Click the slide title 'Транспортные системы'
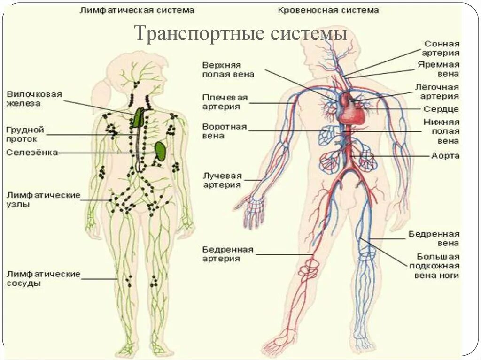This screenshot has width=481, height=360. pyautogui.click(x=240, y=34)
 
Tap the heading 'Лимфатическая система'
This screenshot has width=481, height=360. pyautogui.click(x=137, y=9)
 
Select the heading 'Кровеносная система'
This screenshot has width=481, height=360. pyautogui.click(x=328, y=9)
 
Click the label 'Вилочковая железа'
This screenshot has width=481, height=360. pyautogui.click(x=34, y=99)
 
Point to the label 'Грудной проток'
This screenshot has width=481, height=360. pyautogui.click(x=25, y=134)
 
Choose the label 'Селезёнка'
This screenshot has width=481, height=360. pyautogui.click(x=32, y=153)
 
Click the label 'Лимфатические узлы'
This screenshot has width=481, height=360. pyautogui.click(x=43, y=200)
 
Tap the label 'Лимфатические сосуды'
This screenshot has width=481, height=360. pyautogui.click(x=43, y=279)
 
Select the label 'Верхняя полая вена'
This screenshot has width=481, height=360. pyautogui.click(x=228, y=69)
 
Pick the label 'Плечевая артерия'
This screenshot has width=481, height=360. pyautogui.click(x=225, y=102)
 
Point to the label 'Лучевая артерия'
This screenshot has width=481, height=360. pyautogui.click(x=222, y=180)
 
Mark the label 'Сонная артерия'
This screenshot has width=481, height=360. pyautogui.click(x=442, y=48)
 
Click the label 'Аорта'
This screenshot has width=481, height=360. pyautogui.click(x=445, y=156)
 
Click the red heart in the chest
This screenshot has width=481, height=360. pyautogui.click(x=352, y=109)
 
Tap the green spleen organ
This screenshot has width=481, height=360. pyautogui.click(x=161, y=151)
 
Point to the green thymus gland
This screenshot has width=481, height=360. pyautogui.click(x=138, y=118)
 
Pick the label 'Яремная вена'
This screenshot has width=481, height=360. pyautogui.click(x=438, y=69)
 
